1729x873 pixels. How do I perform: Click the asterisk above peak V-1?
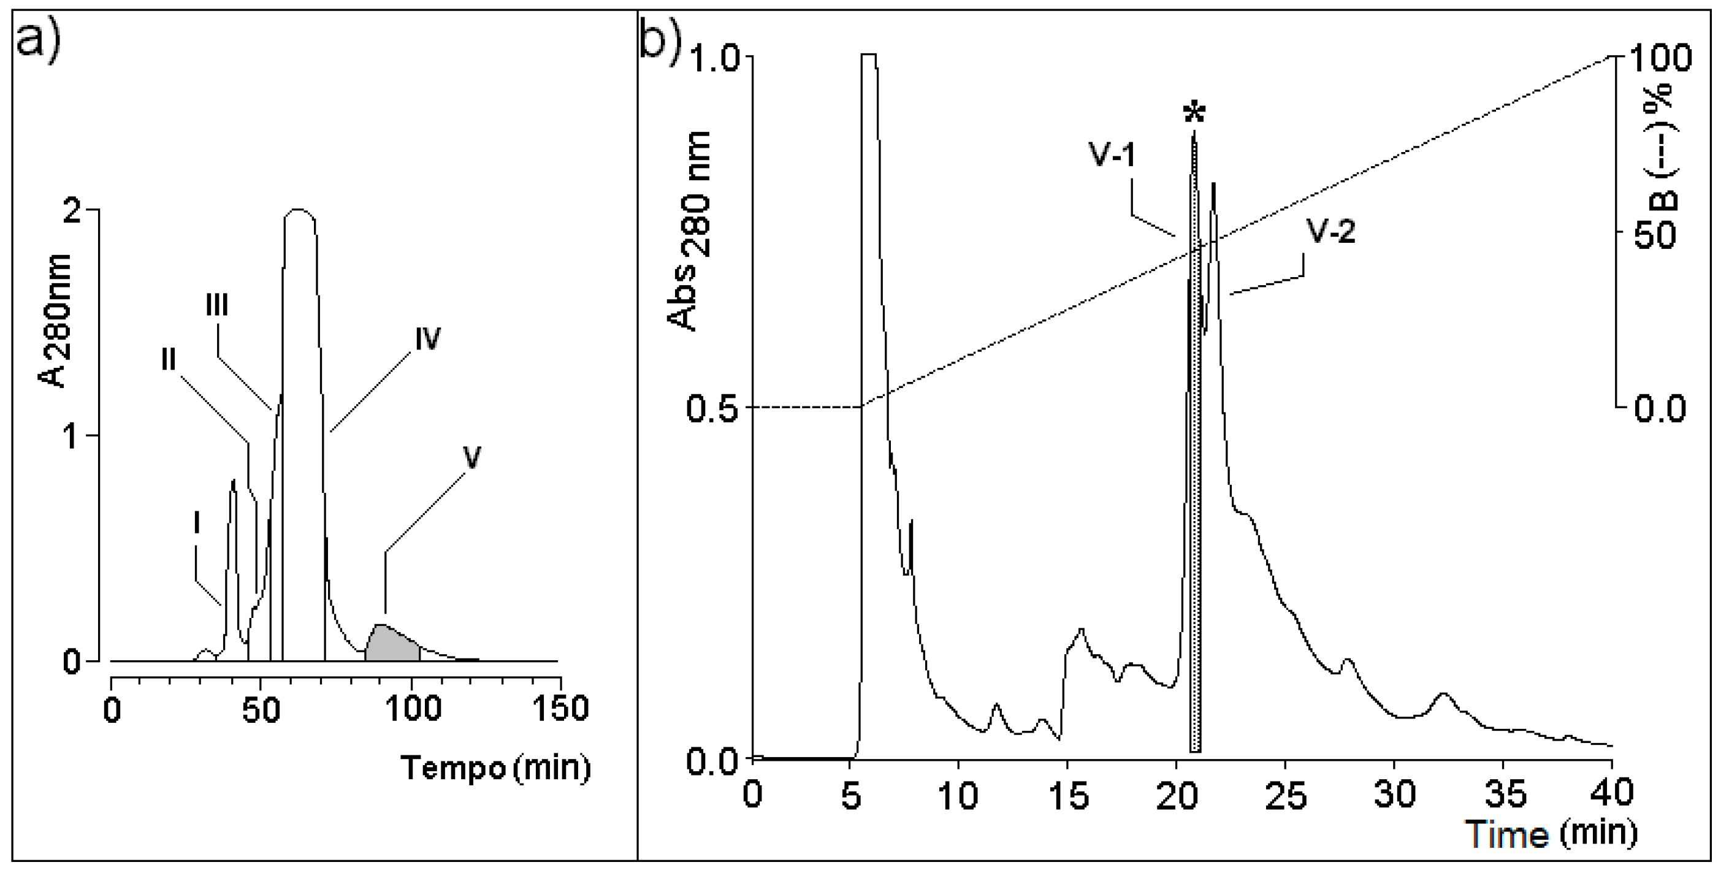click(x=1194, y=113)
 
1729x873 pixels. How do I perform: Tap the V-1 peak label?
click(x=1112, y=155)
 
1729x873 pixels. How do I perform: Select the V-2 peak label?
click(x=1330, y=232)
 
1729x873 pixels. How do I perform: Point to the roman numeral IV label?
click(x=427, y=340)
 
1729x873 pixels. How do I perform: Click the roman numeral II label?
click(x=169, y=360)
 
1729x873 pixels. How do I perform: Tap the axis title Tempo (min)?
click(x=495, y=768)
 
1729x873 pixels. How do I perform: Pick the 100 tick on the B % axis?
click(x=1661, y=58)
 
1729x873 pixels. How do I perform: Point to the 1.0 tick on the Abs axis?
click(x=714, y=58)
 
